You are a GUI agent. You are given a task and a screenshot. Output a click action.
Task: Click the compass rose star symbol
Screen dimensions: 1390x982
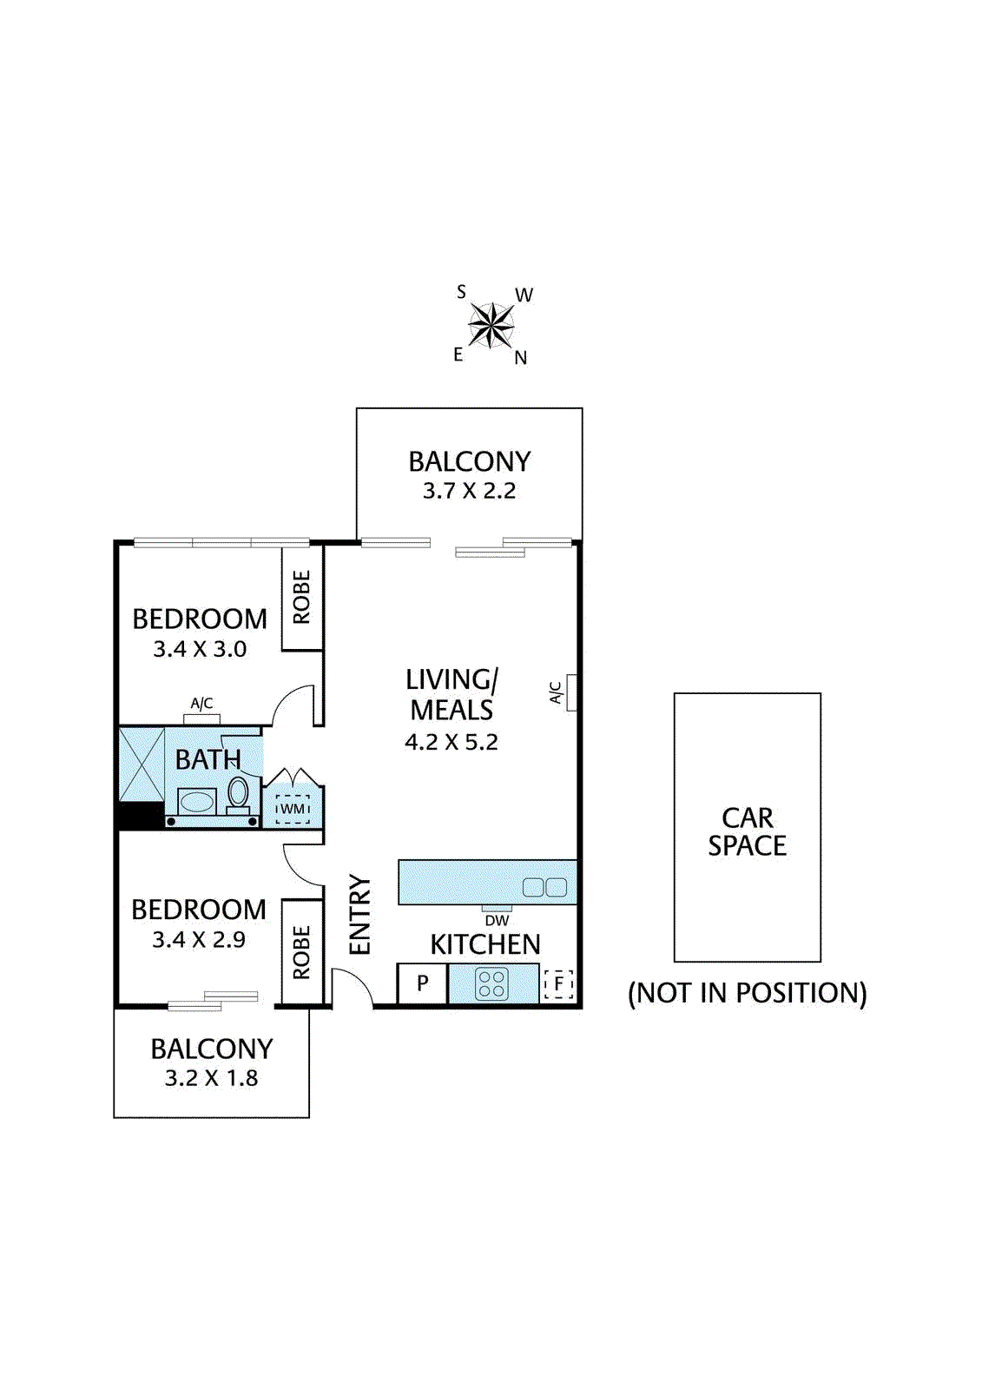(x=491, y=326)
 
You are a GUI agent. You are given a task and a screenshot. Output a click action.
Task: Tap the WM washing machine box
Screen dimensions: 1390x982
(x=293, y=809)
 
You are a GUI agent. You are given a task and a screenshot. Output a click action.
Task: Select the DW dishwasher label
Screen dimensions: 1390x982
(x=497, y=920)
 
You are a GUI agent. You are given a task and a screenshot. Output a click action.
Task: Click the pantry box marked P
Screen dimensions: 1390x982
(x=422, y=983)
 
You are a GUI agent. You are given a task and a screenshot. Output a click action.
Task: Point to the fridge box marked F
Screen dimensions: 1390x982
(x=558, y=983)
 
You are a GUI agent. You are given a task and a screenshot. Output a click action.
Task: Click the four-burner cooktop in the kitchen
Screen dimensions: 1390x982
(x=491, y=984)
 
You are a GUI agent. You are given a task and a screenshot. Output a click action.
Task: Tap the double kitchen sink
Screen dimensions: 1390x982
(x=544, y=887)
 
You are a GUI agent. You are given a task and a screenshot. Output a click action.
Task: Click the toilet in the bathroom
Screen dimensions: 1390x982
(x=238, y=793)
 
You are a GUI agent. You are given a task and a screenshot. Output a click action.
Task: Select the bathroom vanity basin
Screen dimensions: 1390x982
(x=197, y=801)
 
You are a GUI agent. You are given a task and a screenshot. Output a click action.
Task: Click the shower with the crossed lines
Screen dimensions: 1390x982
(x=142, y=764)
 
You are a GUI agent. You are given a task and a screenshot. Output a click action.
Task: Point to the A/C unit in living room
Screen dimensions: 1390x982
(x=571, y=692)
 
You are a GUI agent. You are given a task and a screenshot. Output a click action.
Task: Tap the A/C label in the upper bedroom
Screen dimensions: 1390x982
(x=201, y=704)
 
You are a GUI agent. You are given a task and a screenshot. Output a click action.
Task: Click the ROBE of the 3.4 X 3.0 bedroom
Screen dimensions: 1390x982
(x=301, y=597)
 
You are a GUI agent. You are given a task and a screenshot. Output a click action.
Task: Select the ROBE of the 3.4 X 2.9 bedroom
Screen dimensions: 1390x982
(x=301, y=952)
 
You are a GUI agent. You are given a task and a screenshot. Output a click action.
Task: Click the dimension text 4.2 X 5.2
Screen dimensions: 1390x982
(x=451, y=742)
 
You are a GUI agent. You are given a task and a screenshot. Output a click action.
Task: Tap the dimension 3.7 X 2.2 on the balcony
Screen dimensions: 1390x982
(x=469, y=491)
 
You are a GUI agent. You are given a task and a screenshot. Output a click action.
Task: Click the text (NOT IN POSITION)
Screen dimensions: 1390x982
(x=747, y=993)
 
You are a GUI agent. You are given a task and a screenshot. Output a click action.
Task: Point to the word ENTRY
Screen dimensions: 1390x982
(x=359, y=915)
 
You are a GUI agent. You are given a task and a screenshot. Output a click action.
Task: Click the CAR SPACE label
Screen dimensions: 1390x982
(x=747, y=831)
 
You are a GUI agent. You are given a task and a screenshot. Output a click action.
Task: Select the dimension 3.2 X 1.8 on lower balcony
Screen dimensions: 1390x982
(x=211, y=1078)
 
